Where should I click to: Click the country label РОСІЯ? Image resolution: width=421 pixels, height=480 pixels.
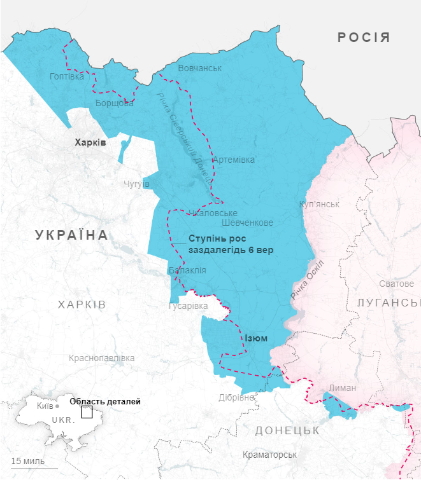(364, 38)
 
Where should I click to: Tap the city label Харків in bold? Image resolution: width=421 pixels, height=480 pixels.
(90, 142)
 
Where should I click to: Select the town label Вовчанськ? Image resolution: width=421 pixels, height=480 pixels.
(200, 68)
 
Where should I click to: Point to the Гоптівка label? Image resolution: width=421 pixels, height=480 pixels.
(66, 76)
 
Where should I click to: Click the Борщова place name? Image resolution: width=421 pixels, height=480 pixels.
(115, 103)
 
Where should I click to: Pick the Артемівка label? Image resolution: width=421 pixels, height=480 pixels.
(234, 160)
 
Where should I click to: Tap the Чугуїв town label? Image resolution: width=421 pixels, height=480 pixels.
(136, 184)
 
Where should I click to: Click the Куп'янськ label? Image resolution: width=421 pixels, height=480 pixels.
(319, 204)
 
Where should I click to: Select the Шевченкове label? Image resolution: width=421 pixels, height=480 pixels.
(248, 223)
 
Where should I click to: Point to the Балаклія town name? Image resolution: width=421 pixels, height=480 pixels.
(187, 270)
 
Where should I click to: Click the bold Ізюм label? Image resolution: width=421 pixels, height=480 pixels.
(256, 338)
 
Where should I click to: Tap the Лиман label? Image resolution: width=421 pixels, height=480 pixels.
(343, 387)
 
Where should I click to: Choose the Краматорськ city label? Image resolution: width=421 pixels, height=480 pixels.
(269, 455)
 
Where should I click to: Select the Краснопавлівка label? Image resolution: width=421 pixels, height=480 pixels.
(101, 358)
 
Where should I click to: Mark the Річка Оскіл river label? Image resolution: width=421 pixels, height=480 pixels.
(307, 280)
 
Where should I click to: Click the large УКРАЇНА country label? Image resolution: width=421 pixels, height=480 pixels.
(72, 235)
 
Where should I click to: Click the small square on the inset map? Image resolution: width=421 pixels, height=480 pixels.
(87, 412)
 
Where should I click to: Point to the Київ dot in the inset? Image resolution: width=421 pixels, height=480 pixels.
(57, 406)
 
